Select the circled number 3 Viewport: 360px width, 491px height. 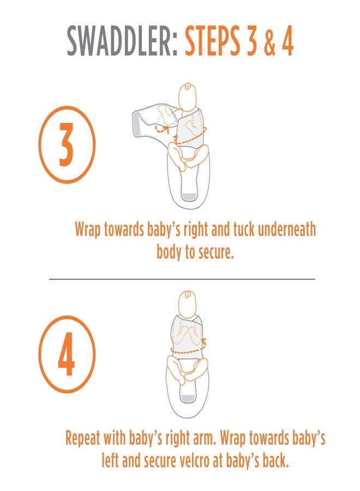click(67, 145)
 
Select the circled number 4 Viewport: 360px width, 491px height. click(67, 354)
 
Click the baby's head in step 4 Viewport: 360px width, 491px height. click(187, 304)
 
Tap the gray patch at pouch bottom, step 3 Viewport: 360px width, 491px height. click(189, 197)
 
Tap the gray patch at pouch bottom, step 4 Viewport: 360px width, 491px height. click(188, 398)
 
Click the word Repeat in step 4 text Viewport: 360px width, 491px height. click(82, 439)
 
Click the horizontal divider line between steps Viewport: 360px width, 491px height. click(182, 278)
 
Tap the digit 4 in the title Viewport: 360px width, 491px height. click(287, 41)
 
